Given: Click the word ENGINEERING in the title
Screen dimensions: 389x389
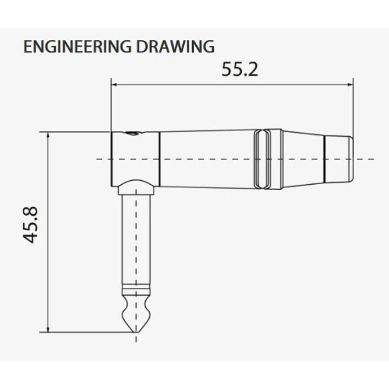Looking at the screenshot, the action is point(77,47).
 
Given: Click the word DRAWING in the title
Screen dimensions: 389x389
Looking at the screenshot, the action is point(176,47).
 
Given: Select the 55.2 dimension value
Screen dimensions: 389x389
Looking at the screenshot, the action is point(240,69).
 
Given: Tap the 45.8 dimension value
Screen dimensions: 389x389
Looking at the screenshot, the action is point(30,224).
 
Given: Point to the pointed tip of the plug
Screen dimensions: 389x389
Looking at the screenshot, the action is point(136,332).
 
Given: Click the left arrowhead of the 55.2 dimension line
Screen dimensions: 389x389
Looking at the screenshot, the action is point(114,85).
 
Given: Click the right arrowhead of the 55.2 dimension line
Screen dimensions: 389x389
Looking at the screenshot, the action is point(350,85).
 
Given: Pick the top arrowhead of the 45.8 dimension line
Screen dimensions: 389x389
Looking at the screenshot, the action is point(48,136).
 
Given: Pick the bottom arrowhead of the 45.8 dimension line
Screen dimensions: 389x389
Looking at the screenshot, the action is point(48,329).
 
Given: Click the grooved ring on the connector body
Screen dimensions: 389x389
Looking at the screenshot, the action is point(268,159).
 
